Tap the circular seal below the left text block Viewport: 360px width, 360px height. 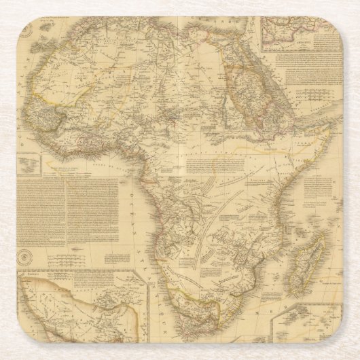click(25, 258)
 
